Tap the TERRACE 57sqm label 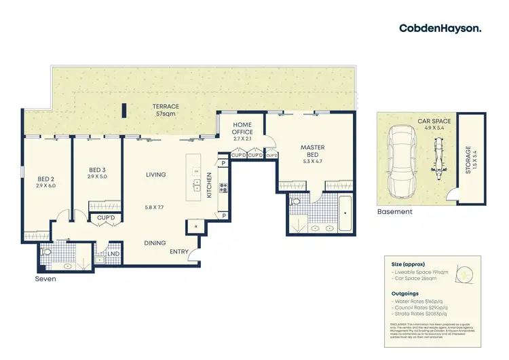pos(165,110)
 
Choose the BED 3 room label pos(98,173)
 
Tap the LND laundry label pos(112,255)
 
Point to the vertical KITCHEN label pos(210,185)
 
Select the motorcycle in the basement pos(437,159)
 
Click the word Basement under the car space pos(394,212)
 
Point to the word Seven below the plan pos(45,278)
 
